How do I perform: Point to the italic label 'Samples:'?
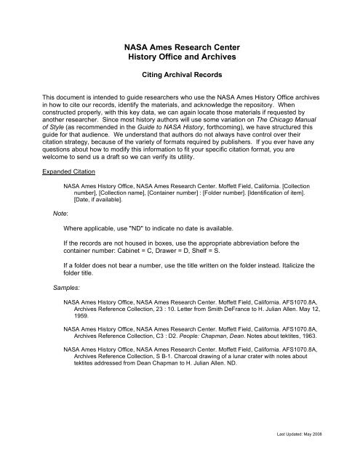point(57,288)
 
